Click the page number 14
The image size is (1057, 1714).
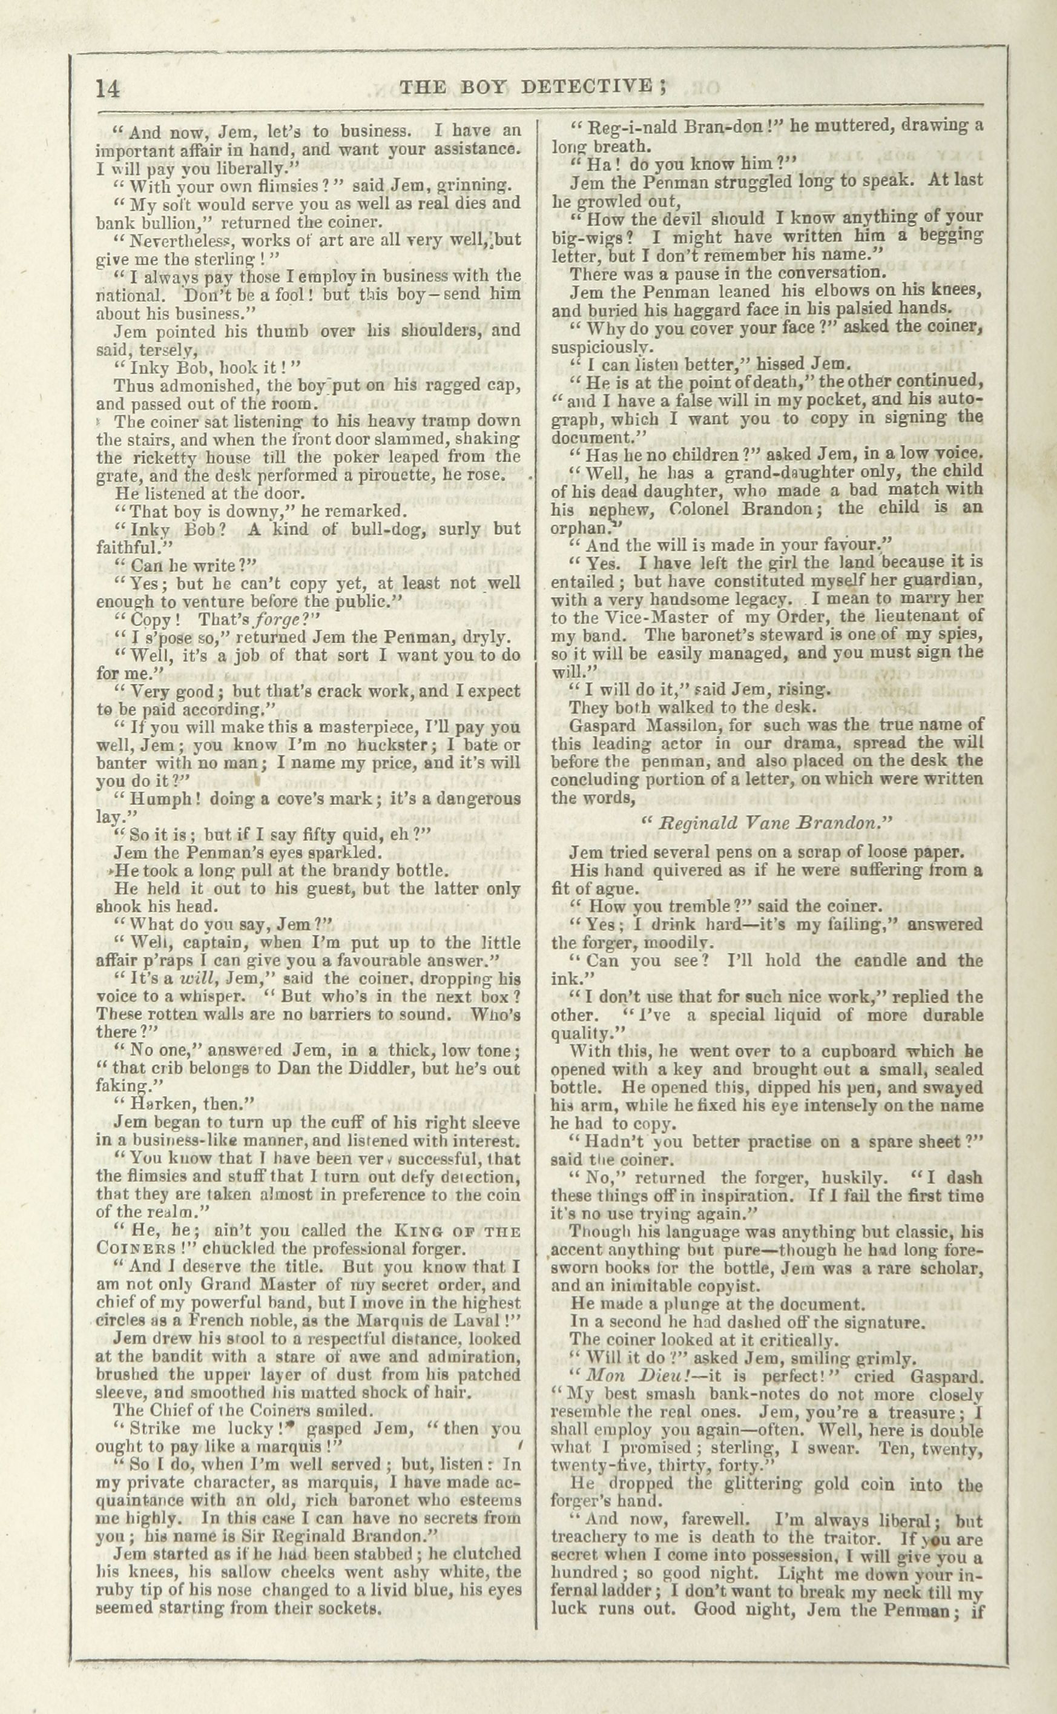(109, 90)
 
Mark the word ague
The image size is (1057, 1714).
(620, 890)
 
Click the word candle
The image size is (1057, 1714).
(868, 961)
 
